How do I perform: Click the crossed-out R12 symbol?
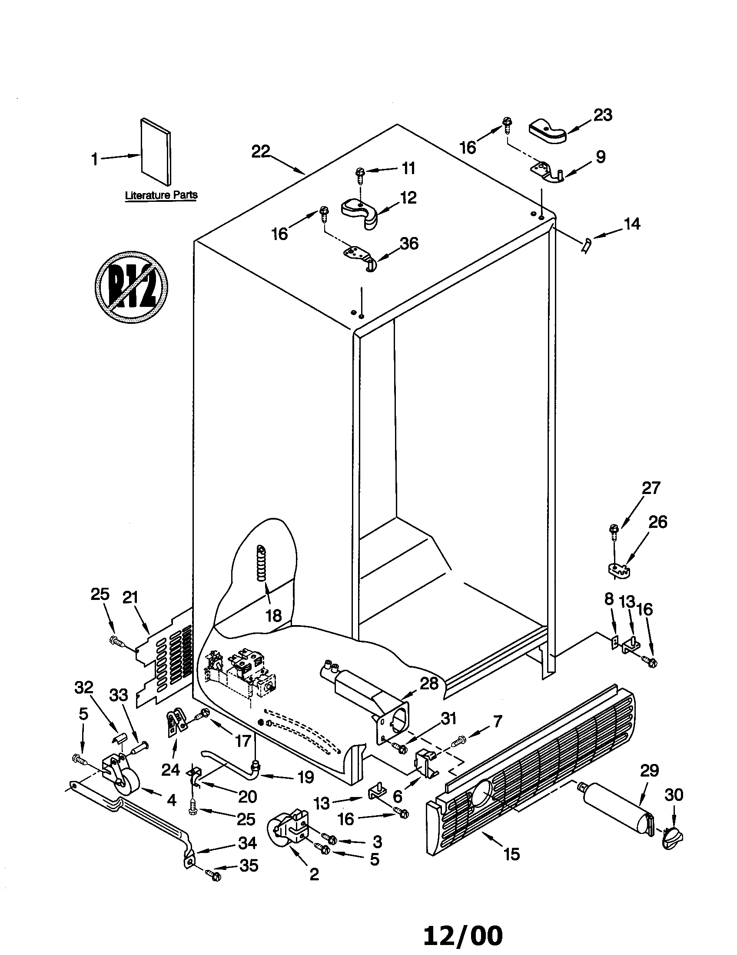tap(131, 287)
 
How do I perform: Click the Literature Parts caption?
tap(161, 195)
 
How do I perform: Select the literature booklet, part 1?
tap(156, 151)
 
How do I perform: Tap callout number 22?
tap(261, 151)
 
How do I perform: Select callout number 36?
tap(409, 243)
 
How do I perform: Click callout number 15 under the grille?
tap(511, 853)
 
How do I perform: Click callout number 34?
tap(247, 843)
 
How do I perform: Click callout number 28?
tap(429, 683)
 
